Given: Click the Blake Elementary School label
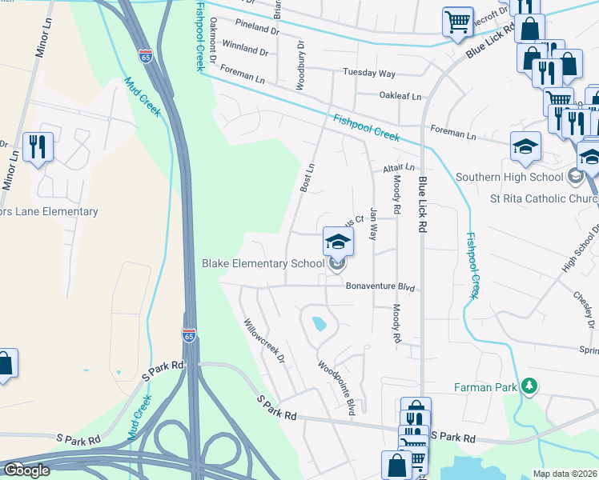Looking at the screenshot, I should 263,263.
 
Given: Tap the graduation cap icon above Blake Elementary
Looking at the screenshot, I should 338,241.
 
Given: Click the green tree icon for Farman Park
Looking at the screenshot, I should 528,387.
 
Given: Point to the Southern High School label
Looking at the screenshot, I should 509,177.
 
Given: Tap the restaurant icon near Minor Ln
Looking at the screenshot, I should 38,147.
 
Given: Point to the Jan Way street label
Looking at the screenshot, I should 372,224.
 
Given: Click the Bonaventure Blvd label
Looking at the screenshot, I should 382,286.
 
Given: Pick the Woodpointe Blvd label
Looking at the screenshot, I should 336,388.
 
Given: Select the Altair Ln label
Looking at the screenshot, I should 398,168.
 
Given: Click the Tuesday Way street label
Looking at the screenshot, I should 369,73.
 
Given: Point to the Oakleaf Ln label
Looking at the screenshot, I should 400,96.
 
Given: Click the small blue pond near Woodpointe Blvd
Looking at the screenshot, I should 320,324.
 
